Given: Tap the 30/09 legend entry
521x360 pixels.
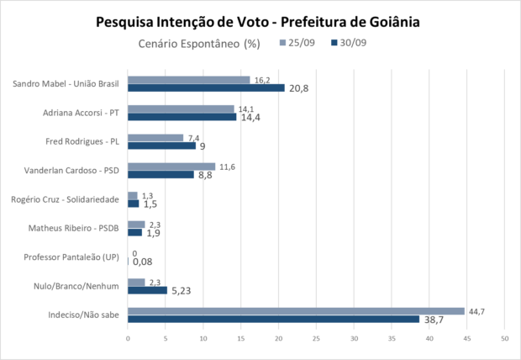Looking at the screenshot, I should coord(349,43).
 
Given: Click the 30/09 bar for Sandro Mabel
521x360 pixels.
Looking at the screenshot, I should coord(206,88).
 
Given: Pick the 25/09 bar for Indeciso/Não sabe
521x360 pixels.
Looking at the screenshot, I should coord(296,311).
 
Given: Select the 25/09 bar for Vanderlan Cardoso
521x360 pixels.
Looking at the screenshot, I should coord(171,167).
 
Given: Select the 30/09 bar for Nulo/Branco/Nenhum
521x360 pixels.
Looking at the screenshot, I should coord(147,290).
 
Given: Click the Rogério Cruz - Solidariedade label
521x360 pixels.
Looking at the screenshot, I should coord(71,199).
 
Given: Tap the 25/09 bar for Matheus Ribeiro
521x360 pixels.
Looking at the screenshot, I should coord(136,225).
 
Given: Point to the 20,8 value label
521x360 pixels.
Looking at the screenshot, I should coord(299,88).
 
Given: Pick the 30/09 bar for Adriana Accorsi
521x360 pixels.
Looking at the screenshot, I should coord(182,117).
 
